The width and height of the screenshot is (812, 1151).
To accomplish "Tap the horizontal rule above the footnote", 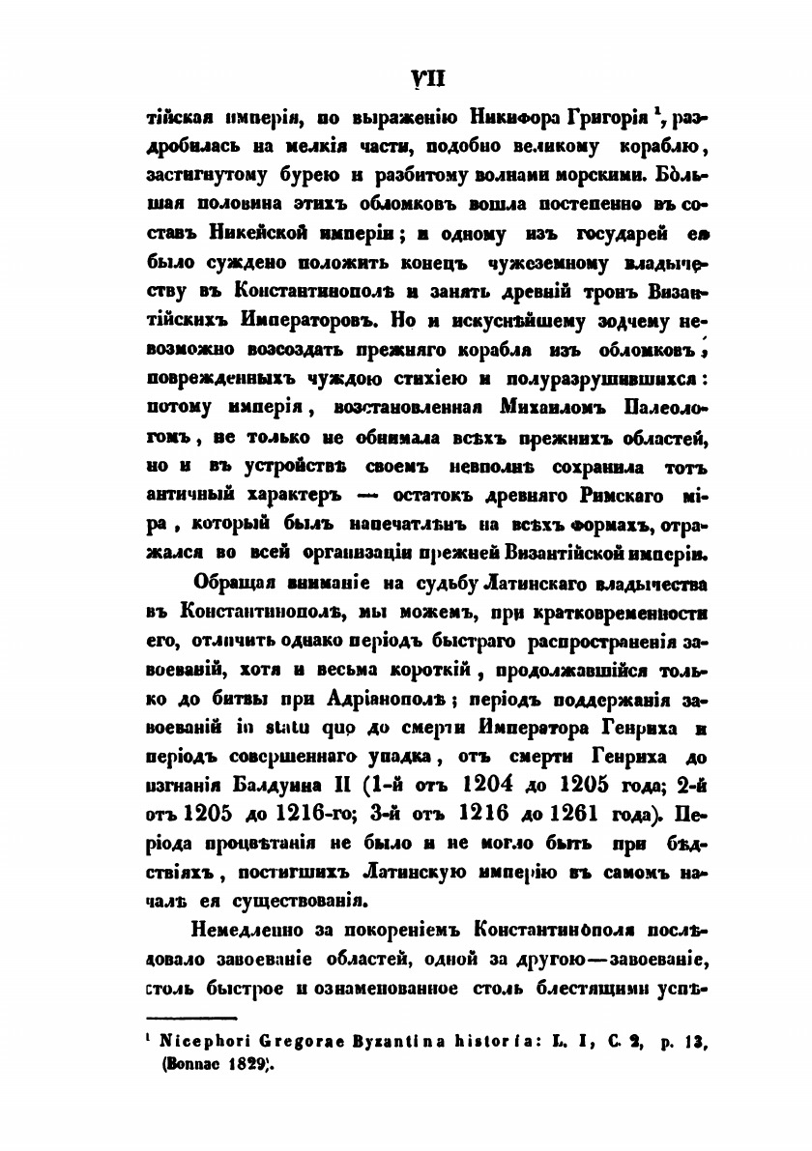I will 191,1018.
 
